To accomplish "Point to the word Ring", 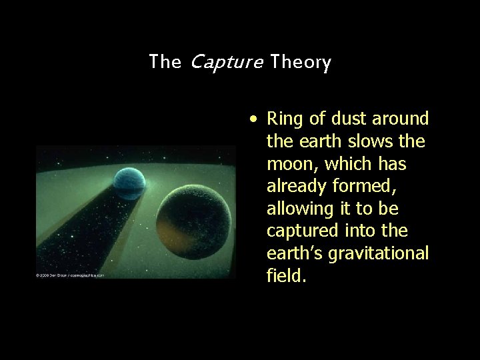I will tap(281, 119).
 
